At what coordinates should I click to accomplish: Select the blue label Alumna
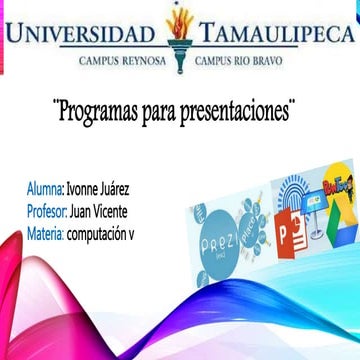46,188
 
